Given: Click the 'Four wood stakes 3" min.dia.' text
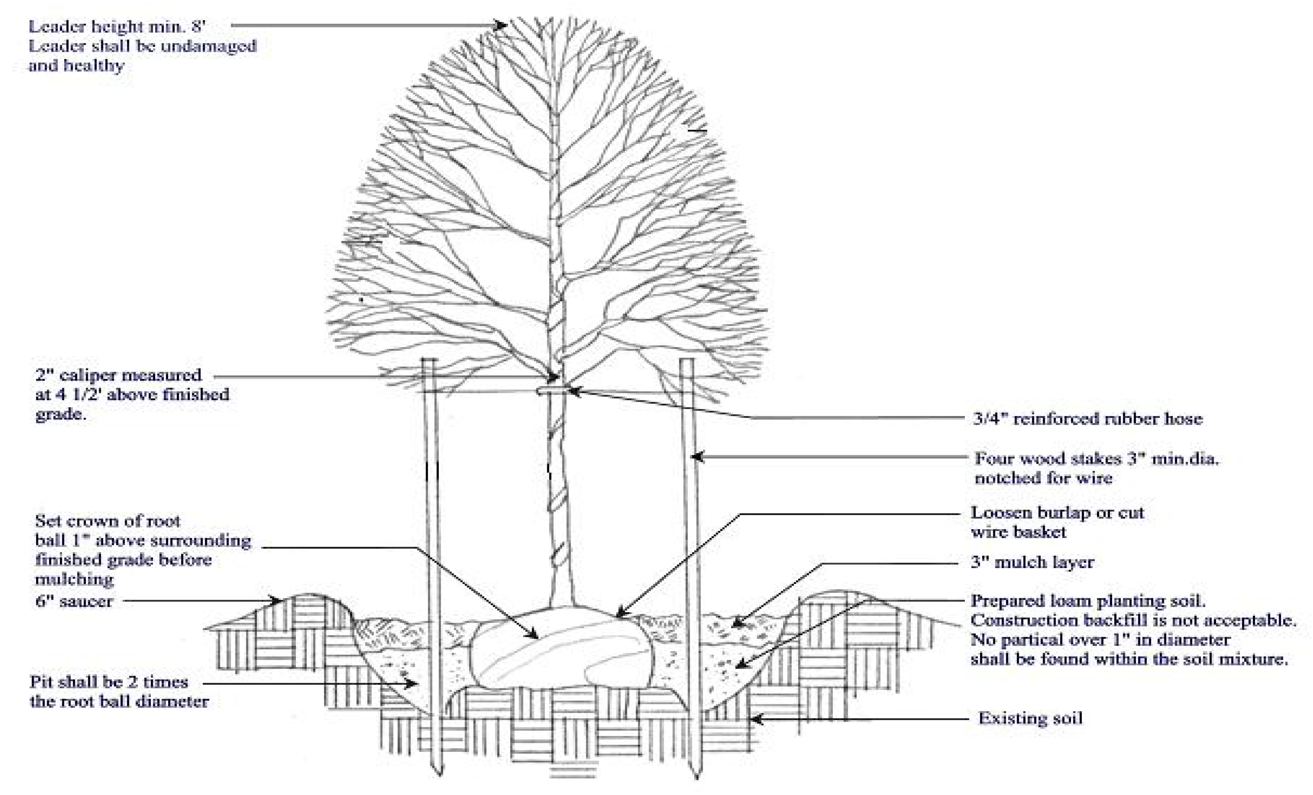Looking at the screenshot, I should (1097, 458).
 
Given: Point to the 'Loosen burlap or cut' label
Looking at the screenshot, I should (1057, 513).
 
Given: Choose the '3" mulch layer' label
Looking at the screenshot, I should (1032, 562).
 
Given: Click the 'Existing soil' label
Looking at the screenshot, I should (1030, 718).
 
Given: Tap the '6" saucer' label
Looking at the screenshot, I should (74, 602).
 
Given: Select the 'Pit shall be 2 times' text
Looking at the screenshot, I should (109, 682).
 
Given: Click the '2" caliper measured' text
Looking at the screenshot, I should (118, 376).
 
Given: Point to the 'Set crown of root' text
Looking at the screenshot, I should (108, 521).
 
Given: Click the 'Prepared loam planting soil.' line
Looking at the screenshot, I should (1088, 601).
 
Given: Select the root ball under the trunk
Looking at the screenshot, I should (559, 652).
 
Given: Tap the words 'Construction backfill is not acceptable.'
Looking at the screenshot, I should (1133, 620).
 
